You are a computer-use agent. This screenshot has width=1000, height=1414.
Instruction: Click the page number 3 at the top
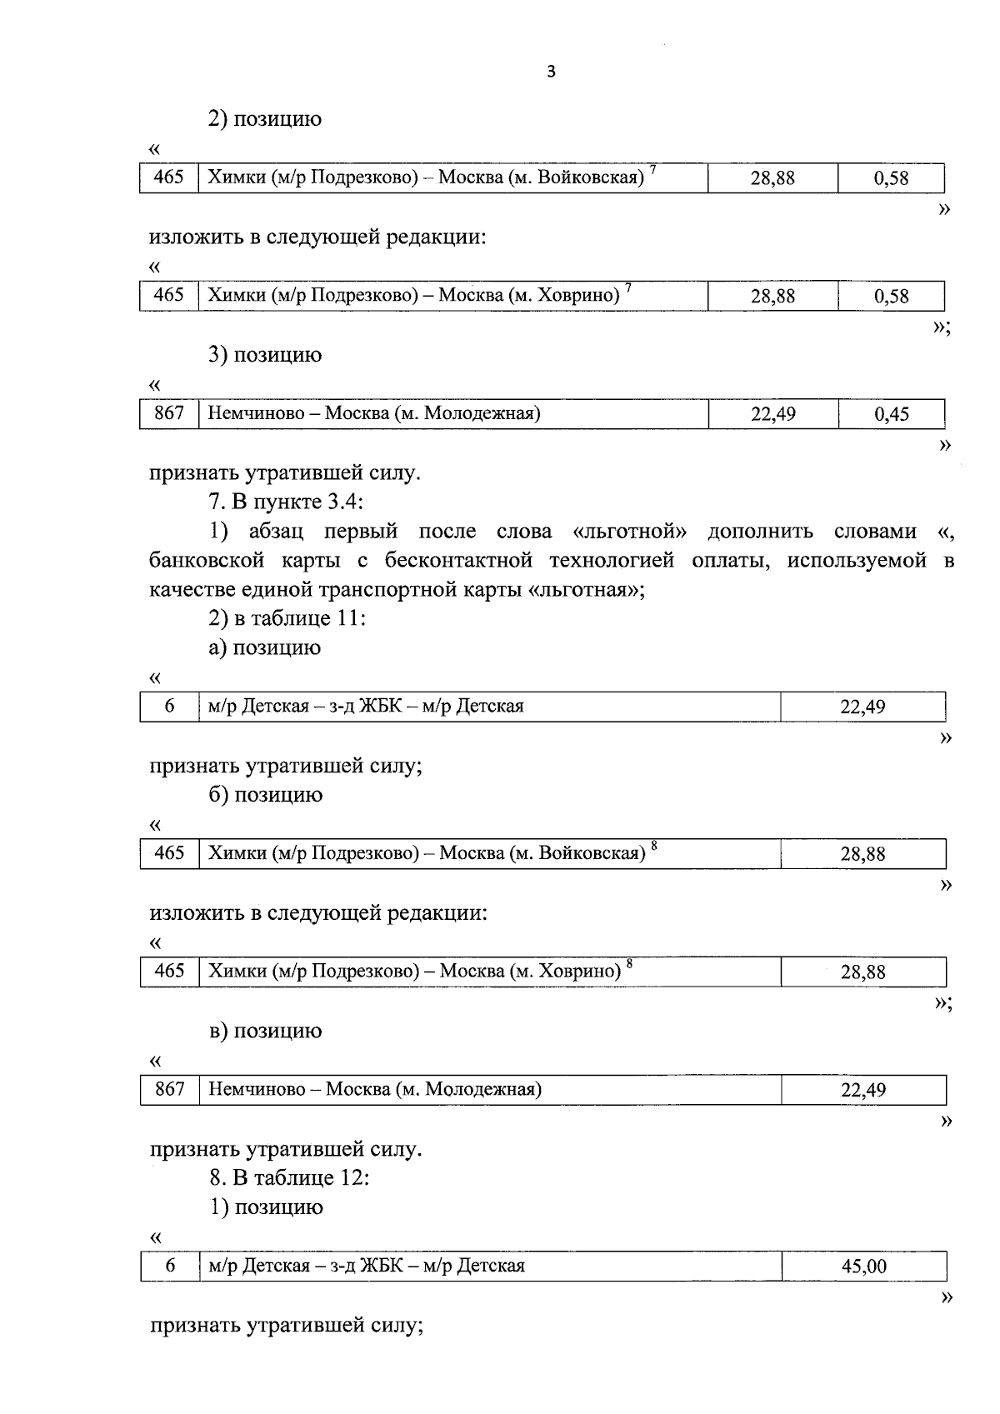point(550,72)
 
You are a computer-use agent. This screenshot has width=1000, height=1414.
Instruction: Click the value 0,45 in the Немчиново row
point(891,414)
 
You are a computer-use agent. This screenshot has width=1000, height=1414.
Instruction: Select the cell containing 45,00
point(863,1267)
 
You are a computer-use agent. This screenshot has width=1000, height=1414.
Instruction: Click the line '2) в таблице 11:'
point(287,618)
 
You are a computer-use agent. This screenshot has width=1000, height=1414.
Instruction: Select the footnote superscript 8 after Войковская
point(654,847)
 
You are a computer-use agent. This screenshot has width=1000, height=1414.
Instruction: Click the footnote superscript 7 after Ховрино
point(628,288)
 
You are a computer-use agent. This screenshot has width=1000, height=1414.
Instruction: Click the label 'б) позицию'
point(265,795)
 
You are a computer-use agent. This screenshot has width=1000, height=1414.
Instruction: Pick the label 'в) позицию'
point(265,1031)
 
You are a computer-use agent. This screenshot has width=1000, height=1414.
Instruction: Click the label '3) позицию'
point(265,355)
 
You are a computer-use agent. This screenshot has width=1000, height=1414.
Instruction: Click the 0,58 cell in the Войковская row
point(891,178)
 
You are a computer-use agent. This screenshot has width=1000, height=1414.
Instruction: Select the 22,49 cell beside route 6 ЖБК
point(862,707)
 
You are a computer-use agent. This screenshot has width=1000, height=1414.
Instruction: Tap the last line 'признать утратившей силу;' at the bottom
point(287,1325)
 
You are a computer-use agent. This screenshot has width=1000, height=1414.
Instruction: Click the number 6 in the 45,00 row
point(170,1266)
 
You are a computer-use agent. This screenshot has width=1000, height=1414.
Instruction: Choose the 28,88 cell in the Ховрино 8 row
point(862,972)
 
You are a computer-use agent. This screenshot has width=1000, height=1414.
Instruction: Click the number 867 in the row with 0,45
point(169,413)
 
